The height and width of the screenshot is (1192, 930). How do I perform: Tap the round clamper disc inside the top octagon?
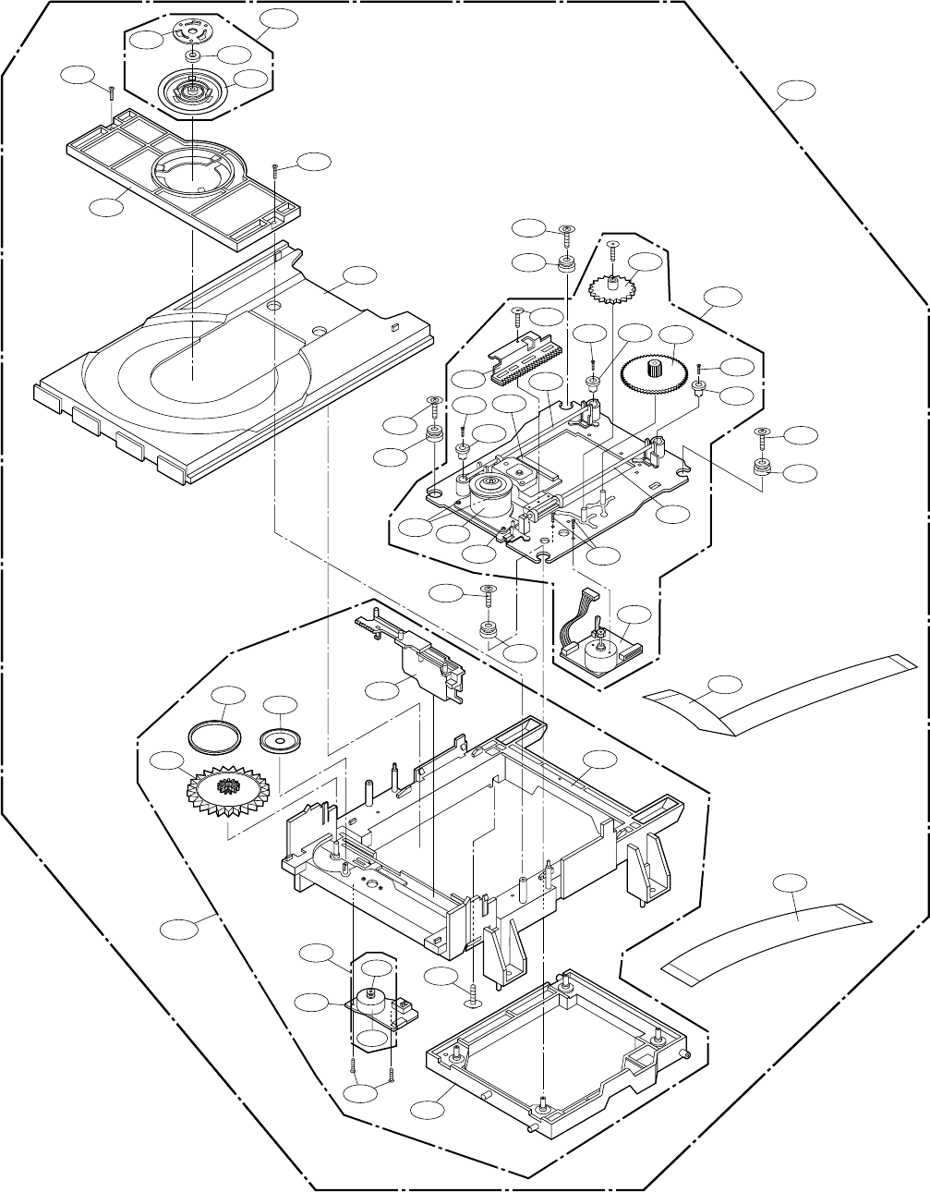click(x=192, y=92)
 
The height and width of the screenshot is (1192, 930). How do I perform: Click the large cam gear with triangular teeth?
click(x=224, y=791)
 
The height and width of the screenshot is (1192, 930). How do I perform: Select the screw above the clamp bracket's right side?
click(x=275, y=172)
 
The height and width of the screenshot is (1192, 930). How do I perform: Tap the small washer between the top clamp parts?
click(x=191, y=57)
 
